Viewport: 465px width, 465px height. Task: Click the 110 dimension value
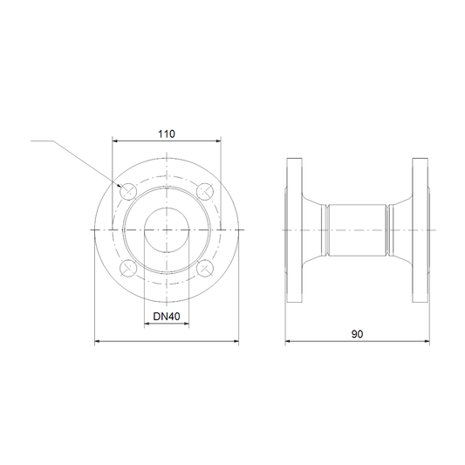click(x=167, y=134)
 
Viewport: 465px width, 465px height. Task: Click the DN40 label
click(x=167, y=317)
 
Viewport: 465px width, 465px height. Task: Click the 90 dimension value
click(x=357, y=334)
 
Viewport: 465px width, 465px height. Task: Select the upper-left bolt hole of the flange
click(x=128, y=191)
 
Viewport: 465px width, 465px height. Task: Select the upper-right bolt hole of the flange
click(x=205, y=191)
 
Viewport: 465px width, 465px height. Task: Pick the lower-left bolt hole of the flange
click(x=128, y=269)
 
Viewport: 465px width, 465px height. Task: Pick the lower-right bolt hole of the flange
click(x=205, y=269)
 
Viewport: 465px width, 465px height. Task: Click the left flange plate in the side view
click(x=294, y=230)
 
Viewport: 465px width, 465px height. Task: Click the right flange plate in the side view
click(x=421, y=230)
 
